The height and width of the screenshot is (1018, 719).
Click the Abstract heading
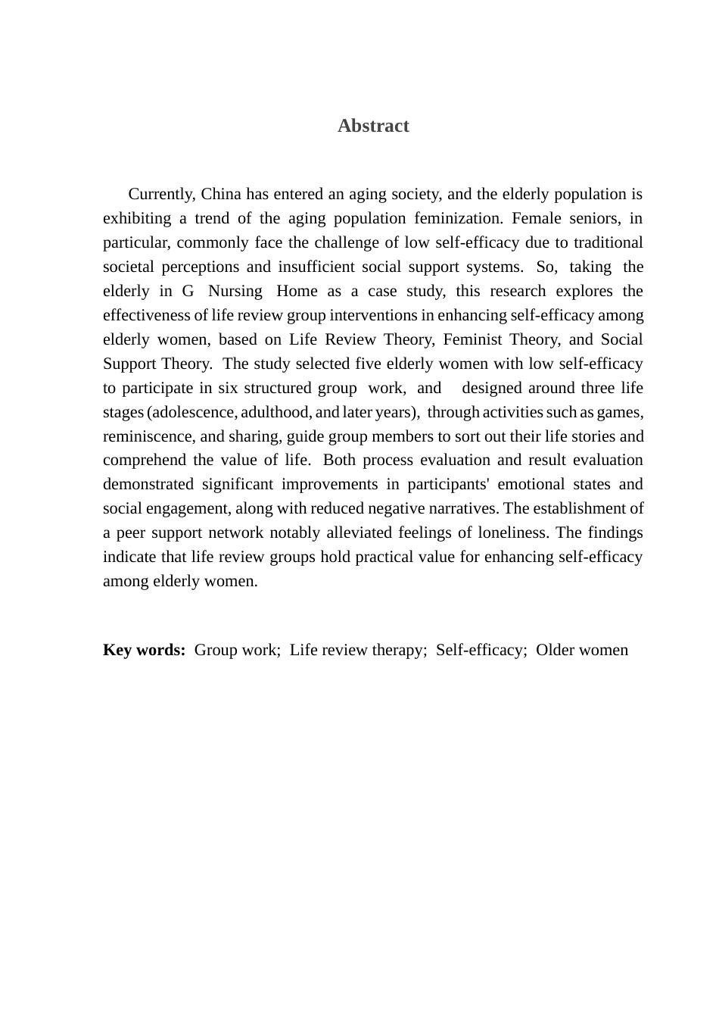pos(373,126)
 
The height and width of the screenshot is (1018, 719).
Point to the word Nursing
pos(235,291)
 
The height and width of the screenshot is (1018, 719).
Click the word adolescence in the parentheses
pos(194,412)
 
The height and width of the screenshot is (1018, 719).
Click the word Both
pos(339,460)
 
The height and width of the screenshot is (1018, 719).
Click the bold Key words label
pos(144,650)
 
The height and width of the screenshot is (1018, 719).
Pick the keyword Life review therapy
pos(358,650)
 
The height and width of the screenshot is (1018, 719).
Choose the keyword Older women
pos(582,650)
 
